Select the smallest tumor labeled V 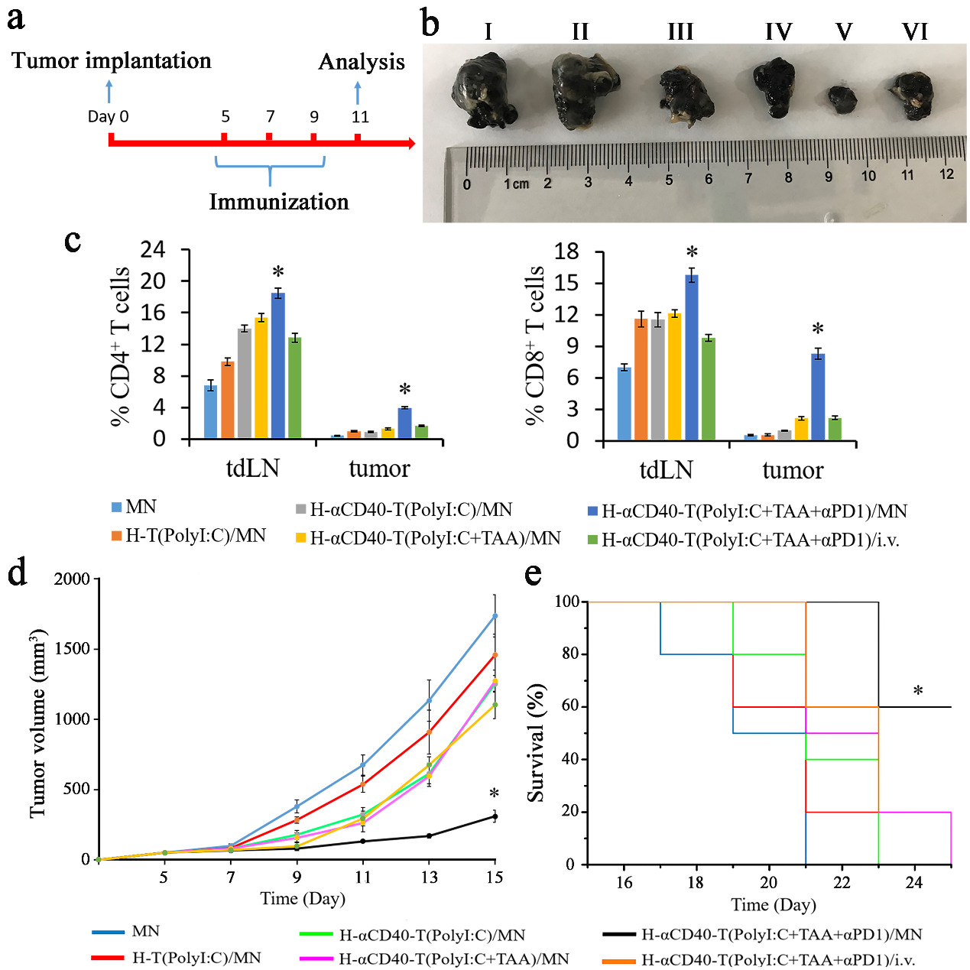843,100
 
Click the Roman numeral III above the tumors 680,32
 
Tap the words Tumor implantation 112,61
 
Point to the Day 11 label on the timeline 360,117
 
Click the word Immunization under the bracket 279,202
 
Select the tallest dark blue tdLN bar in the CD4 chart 277,365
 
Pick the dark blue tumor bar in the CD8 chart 818,397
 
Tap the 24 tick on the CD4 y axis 153,249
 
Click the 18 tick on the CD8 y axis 566,251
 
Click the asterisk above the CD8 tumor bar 818,330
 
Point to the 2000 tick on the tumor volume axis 72,579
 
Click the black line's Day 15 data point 495,816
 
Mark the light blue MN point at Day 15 495,615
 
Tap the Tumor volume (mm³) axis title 38,723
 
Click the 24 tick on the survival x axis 914,883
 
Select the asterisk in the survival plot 918,692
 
